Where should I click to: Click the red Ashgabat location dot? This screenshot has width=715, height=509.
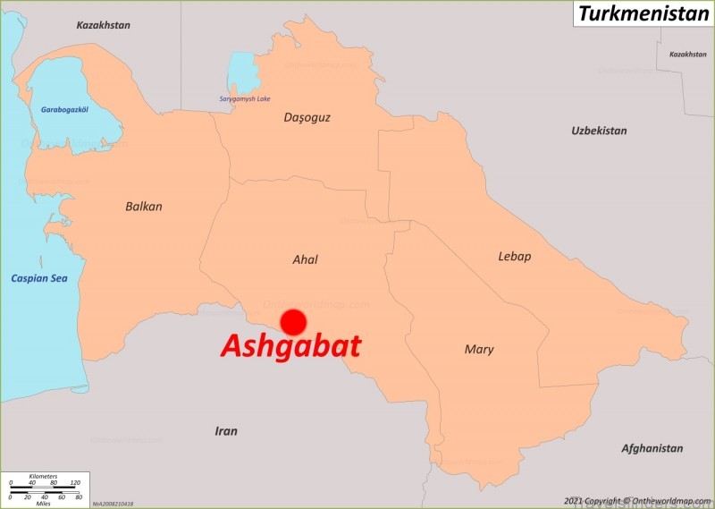pos(293,322)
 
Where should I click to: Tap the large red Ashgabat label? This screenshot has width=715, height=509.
pos(290,346)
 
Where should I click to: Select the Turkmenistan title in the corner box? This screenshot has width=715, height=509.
pos(643,13)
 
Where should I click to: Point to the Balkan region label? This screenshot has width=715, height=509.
pos(144,207)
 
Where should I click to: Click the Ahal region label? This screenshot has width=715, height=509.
pos(305,260)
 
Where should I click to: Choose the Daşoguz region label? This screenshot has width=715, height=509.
pos(307,117)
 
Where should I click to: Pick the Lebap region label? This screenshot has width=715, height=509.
pos(514,257)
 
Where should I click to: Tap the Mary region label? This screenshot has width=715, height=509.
pos(479,350)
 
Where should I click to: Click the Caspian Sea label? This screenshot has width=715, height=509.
pos(39,278)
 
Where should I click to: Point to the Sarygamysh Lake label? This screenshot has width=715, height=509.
pos(245,98)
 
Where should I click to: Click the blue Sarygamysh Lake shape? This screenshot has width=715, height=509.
pos(241,72)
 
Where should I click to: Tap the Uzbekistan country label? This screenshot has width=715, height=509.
pos(599,131)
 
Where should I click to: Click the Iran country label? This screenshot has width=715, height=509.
pos(226,431)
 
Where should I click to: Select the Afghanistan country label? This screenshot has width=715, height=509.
pos(652,448)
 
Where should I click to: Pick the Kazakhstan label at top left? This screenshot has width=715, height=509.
pos(103,25)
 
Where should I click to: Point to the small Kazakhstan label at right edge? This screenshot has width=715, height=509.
pos(687,55)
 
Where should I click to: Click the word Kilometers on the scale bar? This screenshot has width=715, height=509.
pos(43,476)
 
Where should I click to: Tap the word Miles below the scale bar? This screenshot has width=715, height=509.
pos(43,503)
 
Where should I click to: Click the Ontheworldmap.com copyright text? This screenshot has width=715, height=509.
pos(636,500)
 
